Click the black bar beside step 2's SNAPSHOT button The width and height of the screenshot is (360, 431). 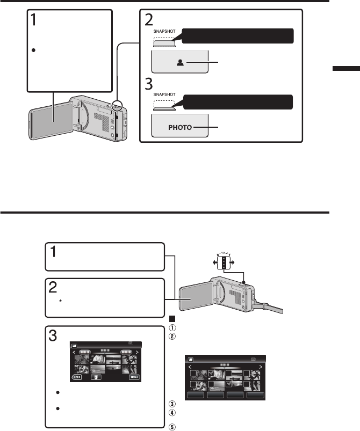click(238, 36)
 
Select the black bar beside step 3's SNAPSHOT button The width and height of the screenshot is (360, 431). click(238, 101)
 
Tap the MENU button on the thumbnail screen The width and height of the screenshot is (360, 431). click(135, 377)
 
